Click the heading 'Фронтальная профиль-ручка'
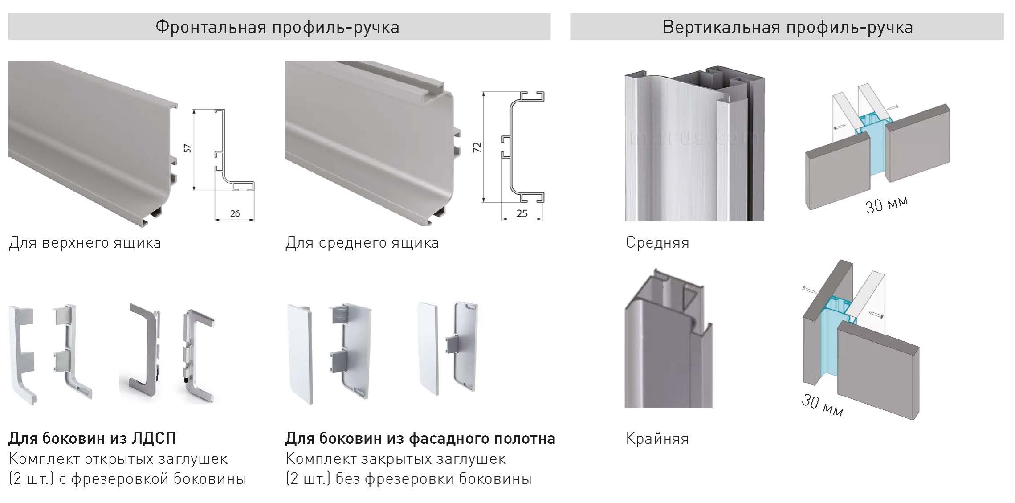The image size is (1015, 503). pos(277,27)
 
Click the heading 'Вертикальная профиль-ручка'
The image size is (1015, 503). pos(787,27)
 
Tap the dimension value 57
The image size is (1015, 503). pos(188,148)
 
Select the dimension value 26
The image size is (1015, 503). pos(235,213)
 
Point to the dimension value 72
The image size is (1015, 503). pos(477,147)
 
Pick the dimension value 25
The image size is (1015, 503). pos(522,213)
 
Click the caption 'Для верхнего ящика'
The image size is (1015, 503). pos(85,243)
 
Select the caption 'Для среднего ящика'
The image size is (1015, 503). pos(362,243)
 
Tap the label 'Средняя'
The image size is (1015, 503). pos(657,242)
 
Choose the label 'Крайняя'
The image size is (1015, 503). pos(657,439)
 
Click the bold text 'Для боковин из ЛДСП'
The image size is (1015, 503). pos(93,438)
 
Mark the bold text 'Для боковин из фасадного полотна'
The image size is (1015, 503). pos(420,438)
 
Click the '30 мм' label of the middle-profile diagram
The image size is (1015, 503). pos(887,205)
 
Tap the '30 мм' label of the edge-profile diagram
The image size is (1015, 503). pos(822,406)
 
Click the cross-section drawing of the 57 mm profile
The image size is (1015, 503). pos(234,150)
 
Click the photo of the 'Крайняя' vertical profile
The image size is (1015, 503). pos(668,338)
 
